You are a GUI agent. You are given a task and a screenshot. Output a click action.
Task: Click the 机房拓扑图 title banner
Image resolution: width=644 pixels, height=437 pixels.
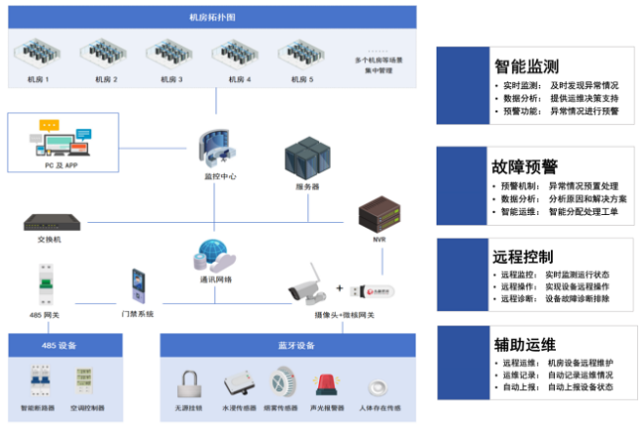(212, 17)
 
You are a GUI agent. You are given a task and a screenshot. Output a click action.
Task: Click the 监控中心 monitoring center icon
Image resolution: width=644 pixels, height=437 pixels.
(216, 146)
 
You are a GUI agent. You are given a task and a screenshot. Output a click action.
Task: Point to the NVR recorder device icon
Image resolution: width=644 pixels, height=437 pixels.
(376, 213)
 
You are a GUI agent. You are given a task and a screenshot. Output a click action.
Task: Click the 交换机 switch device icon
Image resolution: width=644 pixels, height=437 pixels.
(50, 221)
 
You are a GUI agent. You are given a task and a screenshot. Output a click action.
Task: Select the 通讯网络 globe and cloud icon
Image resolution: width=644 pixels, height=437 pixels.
(214, 257)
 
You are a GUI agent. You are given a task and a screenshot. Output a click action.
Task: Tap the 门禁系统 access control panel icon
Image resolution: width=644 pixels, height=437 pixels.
(138, 287)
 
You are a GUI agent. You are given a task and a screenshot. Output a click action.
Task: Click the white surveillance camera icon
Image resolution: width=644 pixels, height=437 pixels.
(307, 285)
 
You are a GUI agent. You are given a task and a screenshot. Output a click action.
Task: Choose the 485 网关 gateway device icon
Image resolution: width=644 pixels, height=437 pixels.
(44, 285)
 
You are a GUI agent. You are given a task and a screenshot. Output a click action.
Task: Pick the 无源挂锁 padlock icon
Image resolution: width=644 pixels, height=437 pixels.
(189, 383)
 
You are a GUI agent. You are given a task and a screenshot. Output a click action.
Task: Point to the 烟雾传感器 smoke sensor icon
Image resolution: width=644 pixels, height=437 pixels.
(280, 382)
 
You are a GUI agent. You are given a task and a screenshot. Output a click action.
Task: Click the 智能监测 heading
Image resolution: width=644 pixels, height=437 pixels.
(526, 66)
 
